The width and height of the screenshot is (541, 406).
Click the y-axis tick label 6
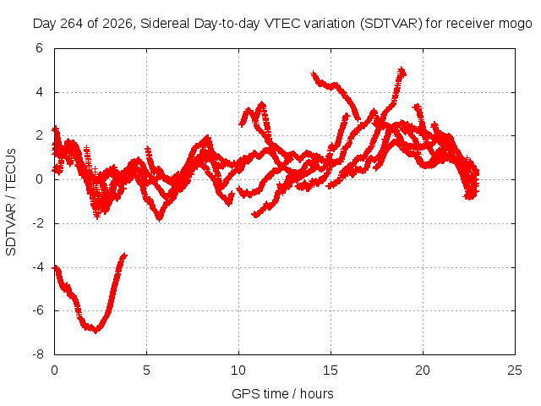39,48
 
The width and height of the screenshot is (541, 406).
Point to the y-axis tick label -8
38,354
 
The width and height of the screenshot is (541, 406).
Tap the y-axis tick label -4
38,267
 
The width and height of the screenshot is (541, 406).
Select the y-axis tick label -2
38,223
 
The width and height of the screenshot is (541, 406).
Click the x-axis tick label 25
515,370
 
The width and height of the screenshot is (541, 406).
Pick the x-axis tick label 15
331,370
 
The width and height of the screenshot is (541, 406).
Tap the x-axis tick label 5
146,370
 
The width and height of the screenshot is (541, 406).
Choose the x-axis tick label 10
238,370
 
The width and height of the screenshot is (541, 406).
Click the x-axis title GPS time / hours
282,393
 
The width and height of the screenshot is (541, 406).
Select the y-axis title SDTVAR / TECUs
11,202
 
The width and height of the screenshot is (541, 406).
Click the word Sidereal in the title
165,24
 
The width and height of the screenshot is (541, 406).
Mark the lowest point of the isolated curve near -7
96,332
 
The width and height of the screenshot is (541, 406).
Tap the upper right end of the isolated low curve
125,255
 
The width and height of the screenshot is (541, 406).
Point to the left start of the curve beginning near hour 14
313,74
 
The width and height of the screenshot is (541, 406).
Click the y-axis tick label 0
39,179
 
